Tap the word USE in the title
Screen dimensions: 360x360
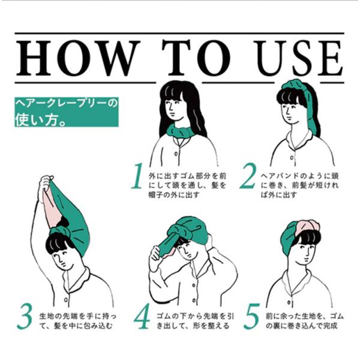[298, 58]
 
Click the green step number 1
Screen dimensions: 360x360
[138, 176]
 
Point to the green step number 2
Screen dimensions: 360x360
[248, 176]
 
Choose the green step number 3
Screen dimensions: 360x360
[25, 316]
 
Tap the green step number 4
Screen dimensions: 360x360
[142, 316]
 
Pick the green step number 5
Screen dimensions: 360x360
[251, 316]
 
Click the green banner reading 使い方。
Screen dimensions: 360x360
[67, 112]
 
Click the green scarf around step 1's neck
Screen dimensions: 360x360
[181, 131]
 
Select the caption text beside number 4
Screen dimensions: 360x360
[195, 321]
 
